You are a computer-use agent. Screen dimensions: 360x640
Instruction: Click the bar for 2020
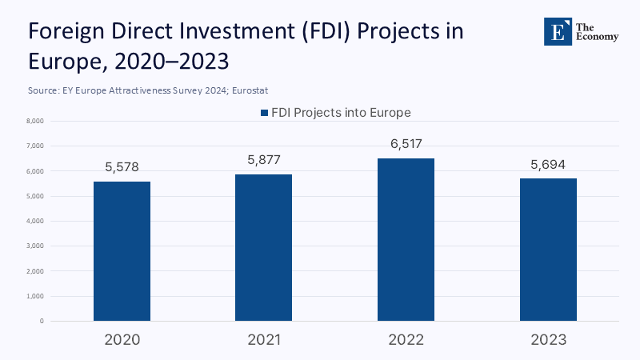click(x=122, y=251)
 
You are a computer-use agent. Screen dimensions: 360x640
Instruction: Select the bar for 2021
click(x=264, y=248)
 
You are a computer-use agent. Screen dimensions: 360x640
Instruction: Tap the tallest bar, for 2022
click(x=406, y=240)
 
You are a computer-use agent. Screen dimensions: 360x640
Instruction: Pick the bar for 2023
click(x=548, y=250)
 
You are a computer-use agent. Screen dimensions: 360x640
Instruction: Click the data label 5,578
click(x=122, y=168)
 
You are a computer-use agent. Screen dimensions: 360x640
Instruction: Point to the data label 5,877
click(x=264, y=160)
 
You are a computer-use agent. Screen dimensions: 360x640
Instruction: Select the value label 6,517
click(x=406, y=144)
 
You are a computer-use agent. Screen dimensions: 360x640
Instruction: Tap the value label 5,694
click(x=548, y=164)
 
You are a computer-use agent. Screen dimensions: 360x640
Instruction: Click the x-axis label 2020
click(x=122, y=340)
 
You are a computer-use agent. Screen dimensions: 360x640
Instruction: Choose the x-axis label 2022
click(x=406, y=340)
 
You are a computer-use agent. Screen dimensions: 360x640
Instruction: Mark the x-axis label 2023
click(x=548, y=340)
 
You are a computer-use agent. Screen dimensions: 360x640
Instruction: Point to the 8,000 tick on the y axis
click(x=34, y=122)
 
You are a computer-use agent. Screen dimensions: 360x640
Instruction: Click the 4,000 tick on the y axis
click(x=34, y=221)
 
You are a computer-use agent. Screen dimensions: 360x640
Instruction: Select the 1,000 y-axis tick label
click(x=34, y=296)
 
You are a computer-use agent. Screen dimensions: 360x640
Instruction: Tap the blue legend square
click(x=263, y=114)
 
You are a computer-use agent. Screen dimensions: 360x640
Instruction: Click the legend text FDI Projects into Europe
click(x=340, y=113)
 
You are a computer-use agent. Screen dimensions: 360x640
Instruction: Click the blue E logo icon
click(x=555, y=31)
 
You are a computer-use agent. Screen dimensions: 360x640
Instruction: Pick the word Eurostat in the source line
click(x=258, y=91)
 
